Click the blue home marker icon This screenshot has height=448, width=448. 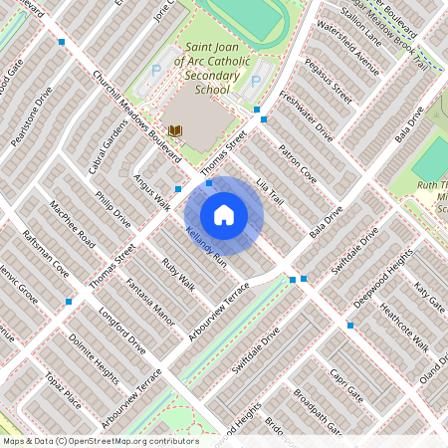point(224,214)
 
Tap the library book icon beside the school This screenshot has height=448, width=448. point(175,130)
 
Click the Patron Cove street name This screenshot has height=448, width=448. point(297,163)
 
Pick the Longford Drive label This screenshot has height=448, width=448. point(122,332)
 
